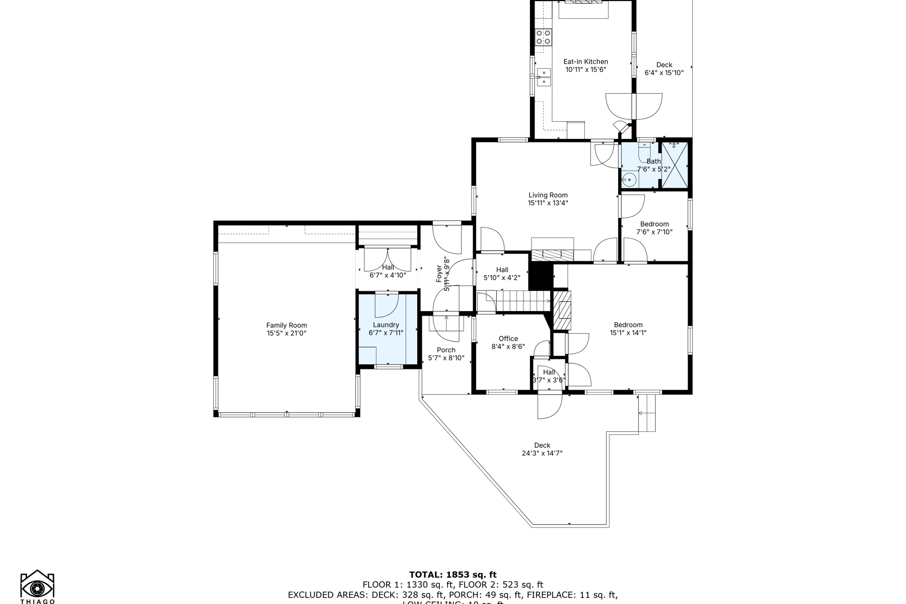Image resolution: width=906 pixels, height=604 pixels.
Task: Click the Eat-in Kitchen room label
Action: [x=585, y=62]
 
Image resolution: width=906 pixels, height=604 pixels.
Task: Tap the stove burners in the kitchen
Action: [x=543, y=37]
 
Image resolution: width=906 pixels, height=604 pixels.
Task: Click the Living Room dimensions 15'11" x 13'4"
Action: [x=548, y=203]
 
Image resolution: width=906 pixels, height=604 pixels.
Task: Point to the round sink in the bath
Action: [x=629, y=179]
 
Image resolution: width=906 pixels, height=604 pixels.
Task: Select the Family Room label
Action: [x=286, y=326]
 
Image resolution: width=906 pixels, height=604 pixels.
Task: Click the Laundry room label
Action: [x=386, y=325]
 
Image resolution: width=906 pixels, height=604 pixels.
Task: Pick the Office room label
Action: [x=508, y=339]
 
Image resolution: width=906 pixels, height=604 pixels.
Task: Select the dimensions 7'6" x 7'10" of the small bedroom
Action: [x=654, y=233]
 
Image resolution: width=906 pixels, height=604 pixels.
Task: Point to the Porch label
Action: [x=446, y=350]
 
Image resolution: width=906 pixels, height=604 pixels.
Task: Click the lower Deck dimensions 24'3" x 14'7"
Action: [x=542, y=454]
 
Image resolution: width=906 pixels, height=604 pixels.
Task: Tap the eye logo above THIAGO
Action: [x=37, y=587]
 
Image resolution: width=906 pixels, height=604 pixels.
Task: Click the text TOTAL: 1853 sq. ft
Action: [x=452, y=575]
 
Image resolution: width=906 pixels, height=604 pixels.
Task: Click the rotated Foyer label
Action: [x=439, y=278]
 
